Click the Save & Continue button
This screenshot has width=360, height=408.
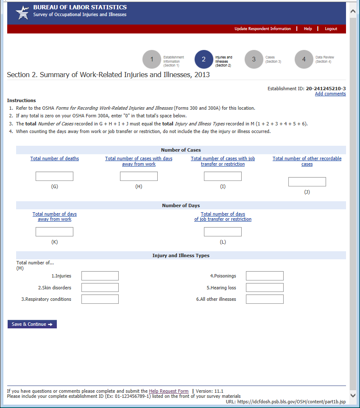tap(32, 324)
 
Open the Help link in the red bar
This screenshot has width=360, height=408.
tap(308, 29)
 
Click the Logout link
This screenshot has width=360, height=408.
tap(331, 29)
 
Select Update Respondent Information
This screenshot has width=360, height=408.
tap(262, 29)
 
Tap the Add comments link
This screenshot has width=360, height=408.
tap(330, 94)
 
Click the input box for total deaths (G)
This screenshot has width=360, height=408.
tap(54, 176)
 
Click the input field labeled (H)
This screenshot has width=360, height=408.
tap(139, 176)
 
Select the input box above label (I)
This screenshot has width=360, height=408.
tap(223, 176)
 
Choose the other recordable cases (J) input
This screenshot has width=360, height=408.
tap(307, 182)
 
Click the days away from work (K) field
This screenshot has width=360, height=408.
tap(54, 232)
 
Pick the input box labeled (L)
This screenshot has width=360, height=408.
tap(223, 232)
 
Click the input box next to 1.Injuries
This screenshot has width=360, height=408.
tap(100, 276)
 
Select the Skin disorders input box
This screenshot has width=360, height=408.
tap(100, 288)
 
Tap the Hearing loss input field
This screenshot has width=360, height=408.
tap(265, 288)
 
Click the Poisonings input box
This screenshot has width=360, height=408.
tap(265, 276)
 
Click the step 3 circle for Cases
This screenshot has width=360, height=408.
tap(254, 59)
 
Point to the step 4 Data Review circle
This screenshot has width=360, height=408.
tap(304, 59)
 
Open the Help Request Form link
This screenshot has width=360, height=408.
tap(169, 391)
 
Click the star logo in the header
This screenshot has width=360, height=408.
tap(22, 13)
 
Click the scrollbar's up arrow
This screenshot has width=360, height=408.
tap(353, 12)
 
